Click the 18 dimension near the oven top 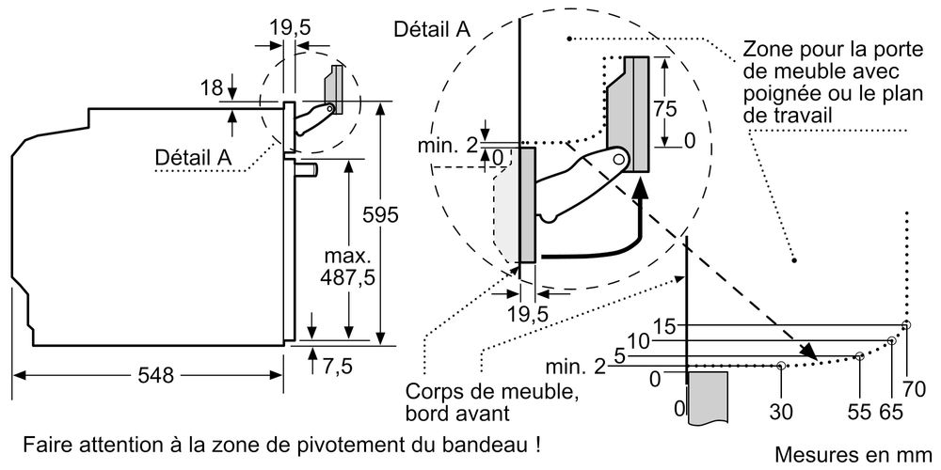[212, 88]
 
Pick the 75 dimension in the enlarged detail [665, 108]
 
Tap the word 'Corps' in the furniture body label [431, 392]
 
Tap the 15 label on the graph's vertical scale [664, 325]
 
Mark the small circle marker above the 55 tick [860, 356]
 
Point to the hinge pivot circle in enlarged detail [620, 161]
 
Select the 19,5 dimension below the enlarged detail [527, 313]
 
